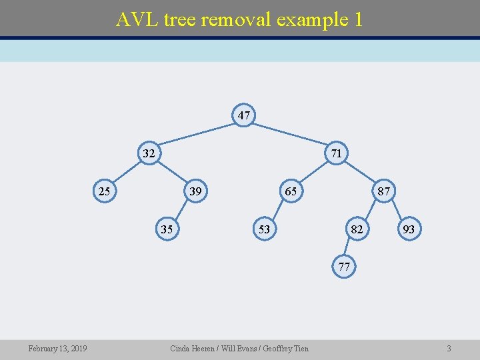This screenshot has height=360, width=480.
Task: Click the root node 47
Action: coord(244,115)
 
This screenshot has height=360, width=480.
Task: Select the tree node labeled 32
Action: coord(149,153)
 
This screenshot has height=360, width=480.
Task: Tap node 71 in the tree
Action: coord(337,153)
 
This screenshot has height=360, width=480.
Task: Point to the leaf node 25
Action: coord(104,192)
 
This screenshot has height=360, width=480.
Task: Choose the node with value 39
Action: coord(195,192)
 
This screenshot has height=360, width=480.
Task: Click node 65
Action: coord(291,192)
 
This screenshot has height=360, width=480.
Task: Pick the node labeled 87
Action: coord(383,192)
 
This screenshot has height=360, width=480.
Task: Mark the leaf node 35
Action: coord(167,229)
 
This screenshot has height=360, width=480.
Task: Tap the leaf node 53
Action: coord(264,229)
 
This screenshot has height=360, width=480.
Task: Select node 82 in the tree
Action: coord(357,229)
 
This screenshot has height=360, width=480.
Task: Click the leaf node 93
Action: coord(409,229)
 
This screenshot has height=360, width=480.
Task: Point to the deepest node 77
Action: coord(344,267)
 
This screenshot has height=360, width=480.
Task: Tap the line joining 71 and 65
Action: coord(313,173)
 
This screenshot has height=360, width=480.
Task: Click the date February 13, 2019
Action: coord(57,349)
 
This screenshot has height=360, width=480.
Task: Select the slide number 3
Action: coord(449,349)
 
